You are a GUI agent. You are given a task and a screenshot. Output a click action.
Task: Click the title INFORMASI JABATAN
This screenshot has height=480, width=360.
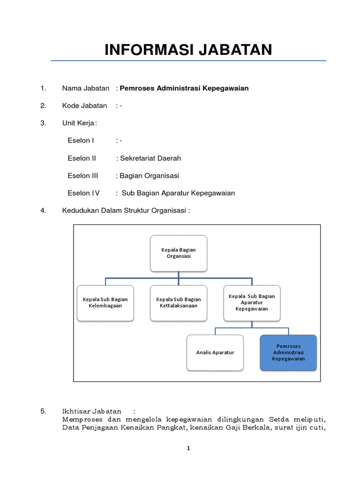pyautogui.click(x=188, y=50)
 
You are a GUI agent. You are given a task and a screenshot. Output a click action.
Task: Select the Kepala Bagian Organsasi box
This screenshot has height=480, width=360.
pyautogui.click(x=179, y=253)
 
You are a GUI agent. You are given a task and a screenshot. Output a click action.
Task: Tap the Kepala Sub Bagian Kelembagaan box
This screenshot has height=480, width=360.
pyautogui.click(x=105, y=302)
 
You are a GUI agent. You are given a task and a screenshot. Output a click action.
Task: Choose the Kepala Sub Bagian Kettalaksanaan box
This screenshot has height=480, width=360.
pyautogui.click(x=179, y=302)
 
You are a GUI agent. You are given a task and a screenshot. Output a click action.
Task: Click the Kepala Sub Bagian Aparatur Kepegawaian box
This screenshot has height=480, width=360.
pyautogui.click(x=252, y=302)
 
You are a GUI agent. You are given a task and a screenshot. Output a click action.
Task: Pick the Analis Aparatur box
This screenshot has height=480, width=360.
pyautogui.click(x=215, y=352)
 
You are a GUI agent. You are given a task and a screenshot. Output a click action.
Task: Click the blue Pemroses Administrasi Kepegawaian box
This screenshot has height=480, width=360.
pyautogui.click(x=288, y=352)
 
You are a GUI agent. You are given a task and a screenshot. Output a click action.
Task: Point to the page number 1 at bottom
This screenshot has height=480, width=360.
pyautogui.click(x=188, y=448)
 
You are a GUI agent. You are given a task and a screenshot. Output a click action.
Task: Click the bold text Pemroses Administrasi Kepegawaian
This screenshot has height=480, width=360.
pyautogui.click(x=184, y=88)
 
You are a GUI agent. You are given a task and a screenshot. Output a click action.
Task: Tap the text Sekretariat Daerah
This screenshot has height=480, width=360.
pyautogui.click(x=150, y=158)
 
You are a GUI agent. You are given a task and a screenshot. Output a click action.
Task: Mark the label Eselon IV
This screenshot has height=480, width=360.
pyautogui.click(x=83, y=193)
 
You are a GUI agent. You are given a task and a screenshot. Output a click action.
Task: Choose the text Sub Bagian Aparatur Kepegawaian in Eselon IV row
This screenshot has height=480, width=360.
pyautogui.click(x=178, y=193)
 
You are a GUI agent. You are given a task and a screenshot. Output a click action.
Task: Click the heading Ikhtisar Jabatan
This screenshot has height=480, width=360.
pyautogui.click(x=91, y=411)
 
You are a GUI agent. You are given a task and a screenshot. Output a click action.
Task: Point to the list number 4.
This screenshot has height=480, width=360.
pyautogui.click(x=43, y=210)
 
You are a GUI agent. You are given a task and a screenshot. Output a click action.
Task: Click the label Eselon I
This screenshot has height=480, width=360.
pyautogui.click(x=81, y=141)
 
